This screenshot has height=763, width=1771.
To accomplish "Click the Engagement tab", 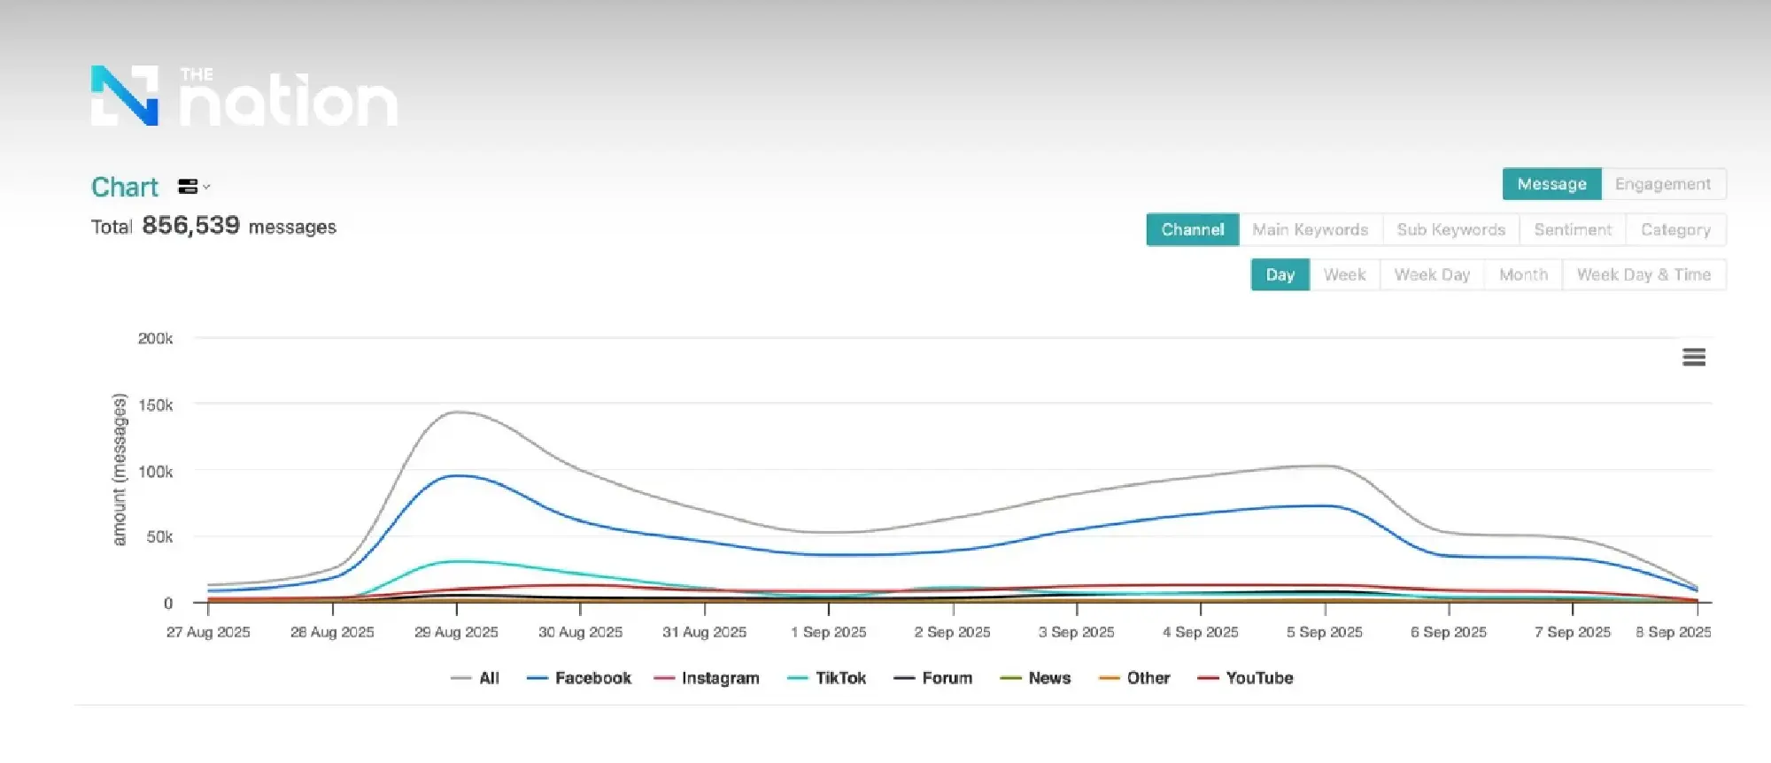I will pos(1662,184).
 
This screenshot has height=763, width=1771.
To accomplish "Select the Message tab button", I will pos(1551,184).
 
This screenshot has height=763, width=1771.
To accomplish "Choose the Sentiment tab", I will pos(1573,229).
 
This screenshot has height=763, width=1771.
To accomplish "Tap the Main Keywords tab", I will pos(1310,229).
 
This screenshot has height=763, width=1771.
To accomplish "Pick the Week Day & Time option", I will pos(1643,274).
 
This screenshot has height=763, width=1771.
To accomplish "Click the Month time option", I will pos(1523,274).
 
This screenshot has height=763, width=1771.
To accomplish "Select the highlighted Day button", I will pos(1280,274).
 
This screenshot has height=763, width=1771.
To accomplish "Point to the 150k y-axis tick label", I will pos(155,405).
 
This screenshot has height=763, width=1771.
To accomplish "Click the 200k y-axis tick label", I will pos(155,338).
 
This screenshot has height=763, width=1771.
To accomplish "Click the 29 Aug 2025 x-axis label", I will pos(456,632).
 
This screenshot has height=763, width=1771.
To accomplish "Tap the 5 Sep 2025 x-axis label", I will pos(1324,632).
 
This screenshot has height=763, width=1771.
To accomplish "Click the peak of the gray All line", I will pos(457,412).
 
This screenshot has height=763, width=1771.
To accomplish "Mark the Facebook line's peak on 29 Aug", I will pos(457,475).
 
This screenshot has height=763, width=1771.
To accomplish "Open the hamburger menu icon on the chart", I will pos(1693,357).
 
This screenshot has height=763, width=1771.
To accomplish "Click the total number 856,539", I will pos(190,226).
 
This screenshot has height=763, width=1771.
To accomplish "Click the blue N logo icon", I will pos(125,96).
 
